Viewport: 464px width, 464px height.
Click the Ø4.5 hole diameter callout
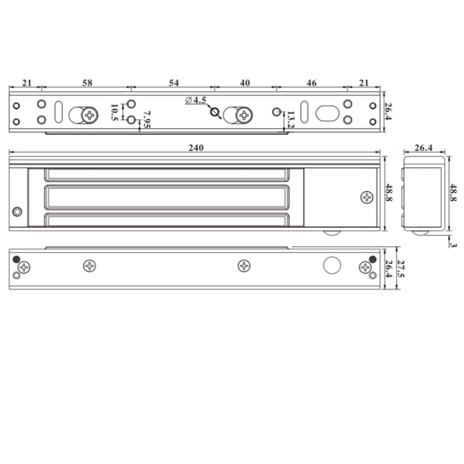196,100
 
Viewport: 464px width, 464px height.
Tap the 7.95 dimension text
146,120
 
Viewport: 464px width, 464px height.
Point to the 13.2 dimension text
291,121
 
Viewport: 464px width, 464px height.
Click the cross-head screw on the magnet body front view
367,197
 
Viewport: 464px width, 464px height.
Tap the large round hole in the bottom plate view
332,266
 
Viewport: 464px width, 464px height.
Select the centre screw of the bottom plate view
245,266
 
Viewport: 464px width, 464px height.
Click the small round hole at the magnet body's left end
18,212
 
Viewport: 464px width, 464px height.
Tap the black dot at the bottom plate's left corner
17,259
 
